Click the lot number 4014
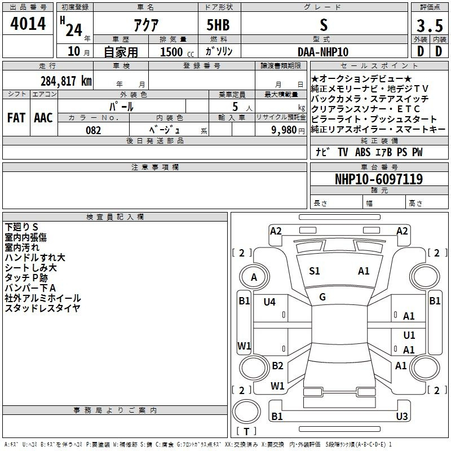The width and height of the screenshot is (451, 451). click(28, 24)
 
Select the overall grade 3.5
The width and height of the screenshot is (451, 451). click(430, 26)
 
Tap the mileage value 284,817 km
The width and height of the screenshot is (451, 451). click(66, 81)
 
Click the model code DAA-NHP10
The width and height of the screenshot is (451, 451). click(323, 52)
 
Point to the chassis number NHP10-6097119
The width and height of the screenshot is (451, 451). click(379, 179)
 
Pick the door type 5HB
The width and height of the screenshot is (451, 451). click(218, 25)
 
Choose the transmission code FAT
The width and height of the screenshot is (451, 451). click(16, 118)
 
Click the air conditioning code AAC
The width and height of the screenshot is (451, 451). click(43, 118)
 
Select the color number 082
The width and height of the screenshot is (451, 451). click(94, 130)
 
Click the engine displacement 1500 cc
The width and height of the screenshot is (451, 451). click(177, 52)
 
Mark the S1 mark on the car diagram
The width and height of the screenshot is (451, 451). click(315, 271)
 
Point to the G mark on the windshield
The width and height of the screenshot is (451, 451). click(322, 297)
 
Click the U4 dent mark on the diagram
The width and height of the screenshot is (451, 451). click(269, 302)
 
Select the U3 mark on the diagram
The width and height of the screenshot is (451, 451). click(402, 416)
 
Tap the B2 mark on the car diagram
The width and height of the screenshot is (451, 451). click(277, 365)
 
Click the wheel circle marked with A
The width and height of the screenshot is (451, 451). click(254, 277)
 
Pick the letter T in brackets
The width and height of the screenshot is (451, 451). click(246, 431)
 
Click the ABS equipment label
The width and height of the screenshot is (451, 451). click(362, 152)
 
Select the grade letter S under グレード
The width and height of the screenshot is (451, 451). click(324, 25)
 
